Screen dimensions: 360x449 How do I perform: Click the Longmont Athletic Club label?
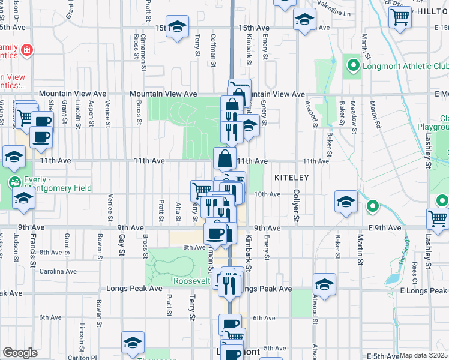[x=401, y=66]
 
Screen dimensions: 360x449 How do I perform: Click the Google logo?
[x=20, y=352]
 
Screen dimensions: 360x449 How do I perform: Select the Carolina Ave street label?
[x=58, y=271]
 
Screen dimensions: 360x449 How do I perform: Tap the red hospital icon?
[x=27, y=50]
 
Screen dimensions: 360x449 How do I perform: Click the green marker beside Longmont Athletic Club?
[x=354, y=66]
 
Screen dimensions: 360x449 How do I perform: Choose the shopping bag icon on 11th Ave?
[x=225, y=159]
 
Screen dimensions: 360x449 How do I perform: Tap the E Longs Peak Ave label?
[x=423, y=291]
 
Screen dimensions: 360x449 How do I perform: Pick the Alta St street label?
[x=178, y=211]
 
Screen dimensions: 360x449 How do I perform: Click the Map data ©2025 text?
[x=423, y=355]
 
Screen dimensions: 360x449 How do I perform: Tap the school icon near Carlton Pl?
[x=133, y=343]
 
